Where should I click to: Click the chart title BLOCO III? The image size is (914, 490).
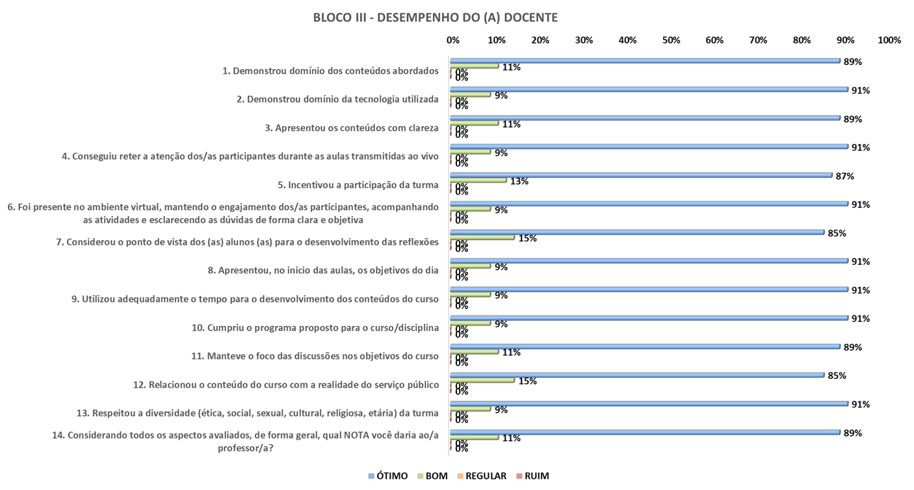(435, 18)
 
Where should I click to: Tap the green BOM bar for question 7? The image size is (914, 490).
(482, 238)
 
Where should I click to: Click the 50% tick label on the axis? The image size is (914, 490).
(671, 40)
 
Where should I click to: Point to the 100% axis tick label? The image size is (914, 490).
(889, 40)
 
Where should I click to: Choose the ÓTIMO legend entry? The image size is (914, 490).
(388, 476)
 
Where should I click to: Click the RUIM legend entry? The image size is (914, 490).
(532, 476)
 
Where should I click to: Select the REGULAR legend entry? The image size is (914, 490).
(481, 476)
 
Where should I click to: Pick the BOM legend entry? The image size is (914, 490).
(432, 476)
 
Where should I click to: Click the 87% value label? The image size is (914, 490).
(845, 176)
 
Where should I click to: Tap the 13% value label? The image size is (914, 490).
(519, 181)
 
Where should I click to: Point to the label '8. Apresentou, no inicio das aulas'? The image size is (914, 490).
(328, 270)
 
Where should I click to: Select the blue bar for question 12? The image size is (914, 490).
(637, 375)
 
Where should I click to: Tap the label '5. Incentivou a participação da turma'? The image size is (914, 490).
(358, 185)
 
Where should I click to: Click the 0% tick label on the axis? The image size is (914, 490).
(453, 40)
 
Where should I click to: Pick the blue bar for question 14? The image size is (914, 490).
(645, 432)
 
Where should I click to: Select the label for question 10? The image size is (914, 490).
(315, 327)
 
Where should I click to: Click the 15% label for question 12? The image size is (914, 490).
(528, 381)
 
